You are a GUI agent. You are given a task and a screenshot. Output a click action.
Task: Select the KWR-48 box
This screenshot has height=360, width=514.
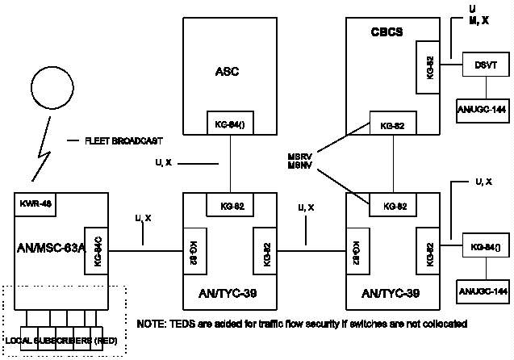point(36,204)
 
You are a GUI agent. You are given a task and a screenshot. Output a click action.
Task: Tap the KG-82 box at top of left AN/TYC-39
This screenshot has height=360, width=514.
point(231,205)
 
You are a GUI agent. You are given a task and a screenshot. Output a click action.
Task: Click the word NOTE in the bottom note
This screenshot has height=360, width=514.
point(152,324)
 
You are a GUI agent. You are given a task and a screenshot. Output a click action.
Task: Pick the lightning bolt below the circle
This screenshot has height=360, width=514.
point(36,157)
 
